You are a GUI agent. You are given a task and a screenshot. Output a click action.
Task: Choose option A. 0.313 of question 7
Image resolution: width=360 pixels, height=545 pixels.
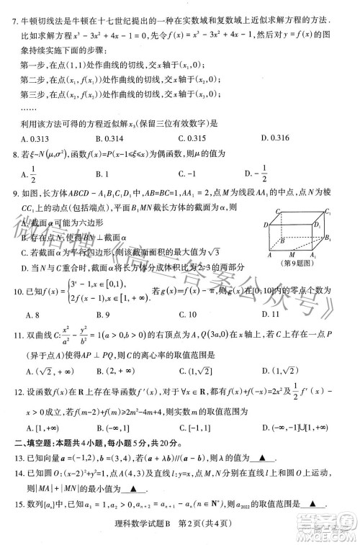click(35, 138)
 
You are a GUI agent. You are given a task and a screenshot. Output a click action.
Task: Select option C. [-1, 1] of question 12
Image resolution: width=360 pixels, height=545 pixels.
click(193, 428)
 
